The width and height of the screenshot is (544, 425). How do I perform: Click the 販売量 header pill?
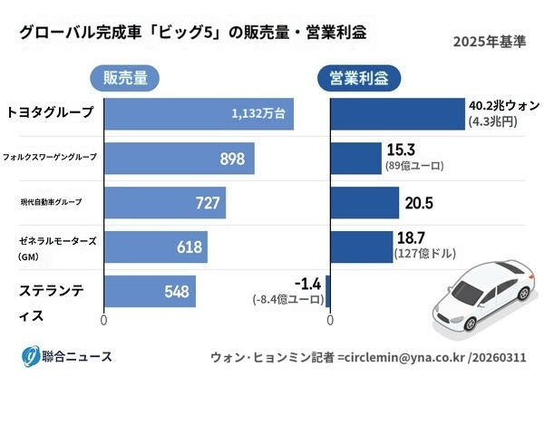click(x=125, y=78)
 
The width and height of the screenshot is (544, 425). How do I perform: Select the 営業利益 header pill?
click(x=358, y=78)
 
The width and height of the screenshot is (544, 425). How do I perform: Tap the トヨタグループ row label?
click(x=50, y=112)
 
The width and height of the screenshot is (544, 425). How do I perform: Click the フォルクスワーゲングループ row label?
click(x=50, y=157)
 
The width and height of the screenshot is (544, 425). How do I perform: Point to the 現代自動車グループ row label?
click(x=50, y=201)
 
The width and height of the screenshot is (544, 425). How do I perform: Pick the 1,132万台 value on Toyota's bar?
click(x=258, y=114)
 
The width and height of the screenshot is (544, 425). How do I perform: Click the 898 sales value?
click(x=232, y=159)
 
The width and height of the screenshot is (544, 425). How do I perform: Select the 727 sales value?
click(x=208, y=203)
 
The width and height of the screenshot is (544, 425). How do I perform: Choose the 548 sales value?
click(x=177, y=292)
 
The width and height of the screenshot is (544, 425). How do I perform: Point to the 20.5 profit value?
click(x=419, y=203)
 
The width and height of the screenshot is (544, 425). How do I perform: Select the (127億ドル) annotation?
click(x=424, y=255)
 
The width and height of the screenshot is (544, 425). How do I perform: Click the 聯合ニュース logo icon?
click(x=31, y=356)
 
